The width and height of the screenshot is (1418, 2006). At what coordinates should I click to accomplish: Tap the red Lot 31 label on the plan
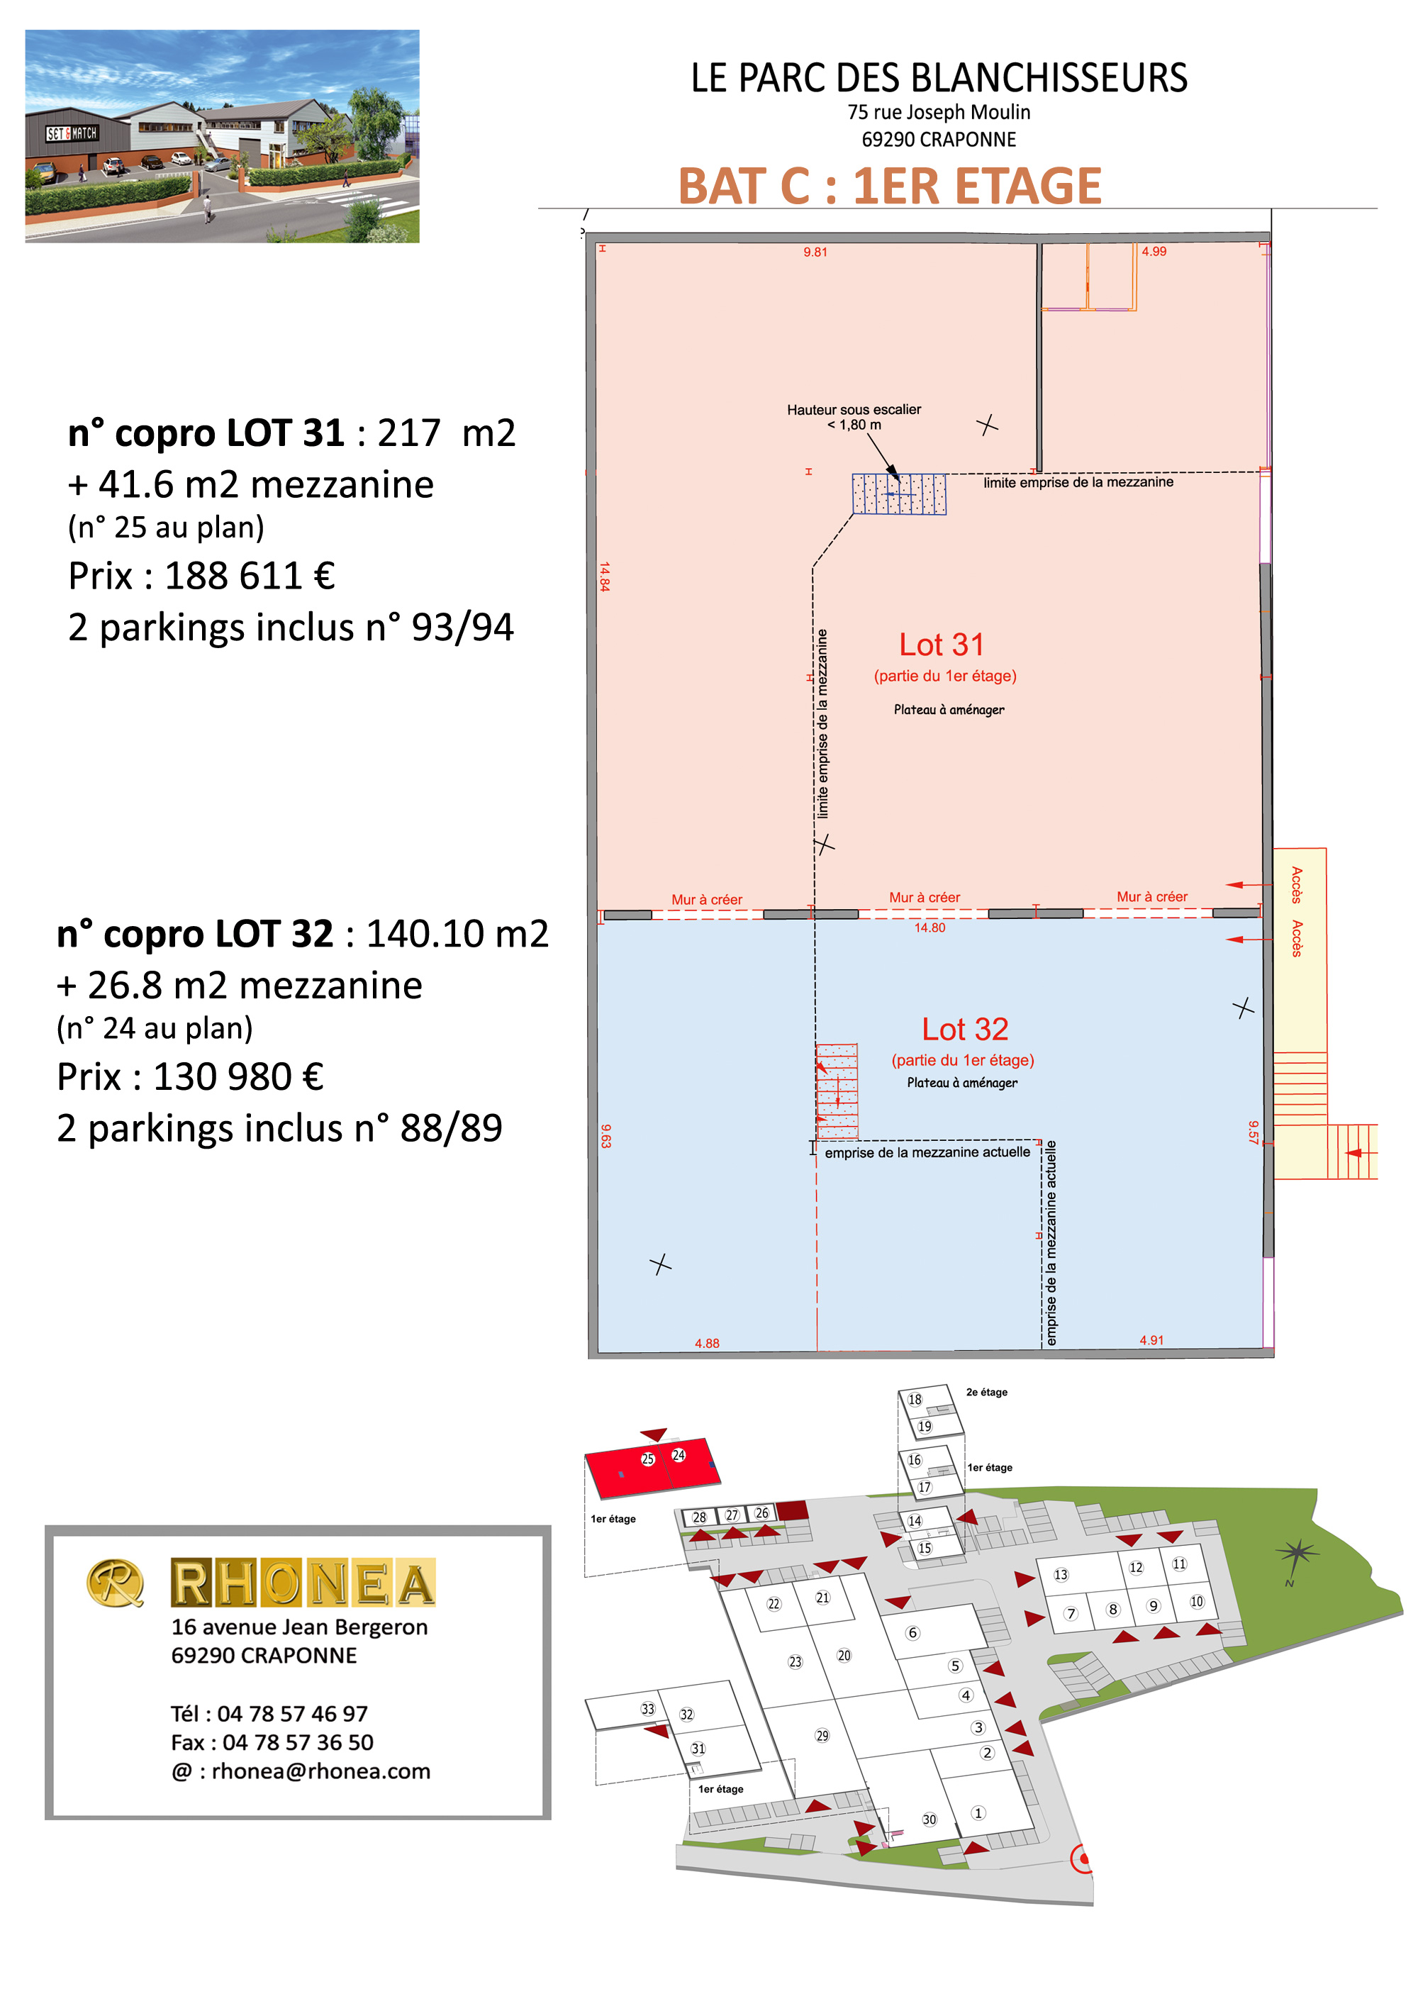click(x=942, y=645)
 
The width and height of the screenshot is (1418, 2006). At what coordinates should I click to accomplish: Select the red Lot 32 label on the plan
click(x=964, y=1029)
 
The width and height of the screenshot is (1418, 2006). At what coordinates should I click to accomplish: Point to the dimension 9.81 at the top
click(x=815, y=252)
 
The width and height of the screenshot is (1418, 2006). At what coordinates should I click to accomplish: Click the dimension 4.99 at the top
click(x=1154, y=252)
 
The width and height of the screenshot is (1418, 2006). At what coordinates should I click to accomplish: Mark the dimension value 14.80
click(x=929, y=928)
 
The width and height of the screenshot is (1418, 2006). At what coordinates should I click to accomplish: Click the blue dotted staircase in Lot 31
click(x=899, y=494)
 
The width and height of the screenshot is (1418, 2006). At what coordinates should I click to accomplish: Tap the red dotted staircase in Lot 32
click(x=837, y=1091)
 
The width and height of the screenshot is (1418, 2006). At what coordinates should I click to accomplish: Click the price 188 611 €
click(x=249, y=576)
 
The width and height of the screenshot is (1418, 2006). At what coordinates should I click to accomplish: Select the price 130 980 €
click(x=238, y=1076)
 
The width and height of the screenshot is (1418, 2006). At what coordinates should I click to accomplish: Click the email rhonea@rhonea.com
click(x=320, y=1771)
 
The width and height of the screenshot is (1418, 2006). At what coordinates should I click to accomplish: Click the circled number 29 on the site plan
click(x=822, y=1735)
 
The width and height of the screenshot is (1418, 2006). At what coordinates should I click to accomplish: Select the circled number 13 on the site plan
click(x=1061, y=1574)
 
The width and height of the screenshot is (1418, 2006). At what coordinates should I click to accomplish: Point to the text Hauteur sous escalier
click(x=854, y=410)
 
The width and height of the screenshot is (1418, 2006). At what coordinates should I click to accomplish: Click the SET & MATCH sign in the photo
click(x=72, y=134)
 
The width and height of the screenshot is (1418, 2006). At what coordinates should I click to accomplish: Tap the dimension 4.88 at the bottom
click(x=707, y=1344)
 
